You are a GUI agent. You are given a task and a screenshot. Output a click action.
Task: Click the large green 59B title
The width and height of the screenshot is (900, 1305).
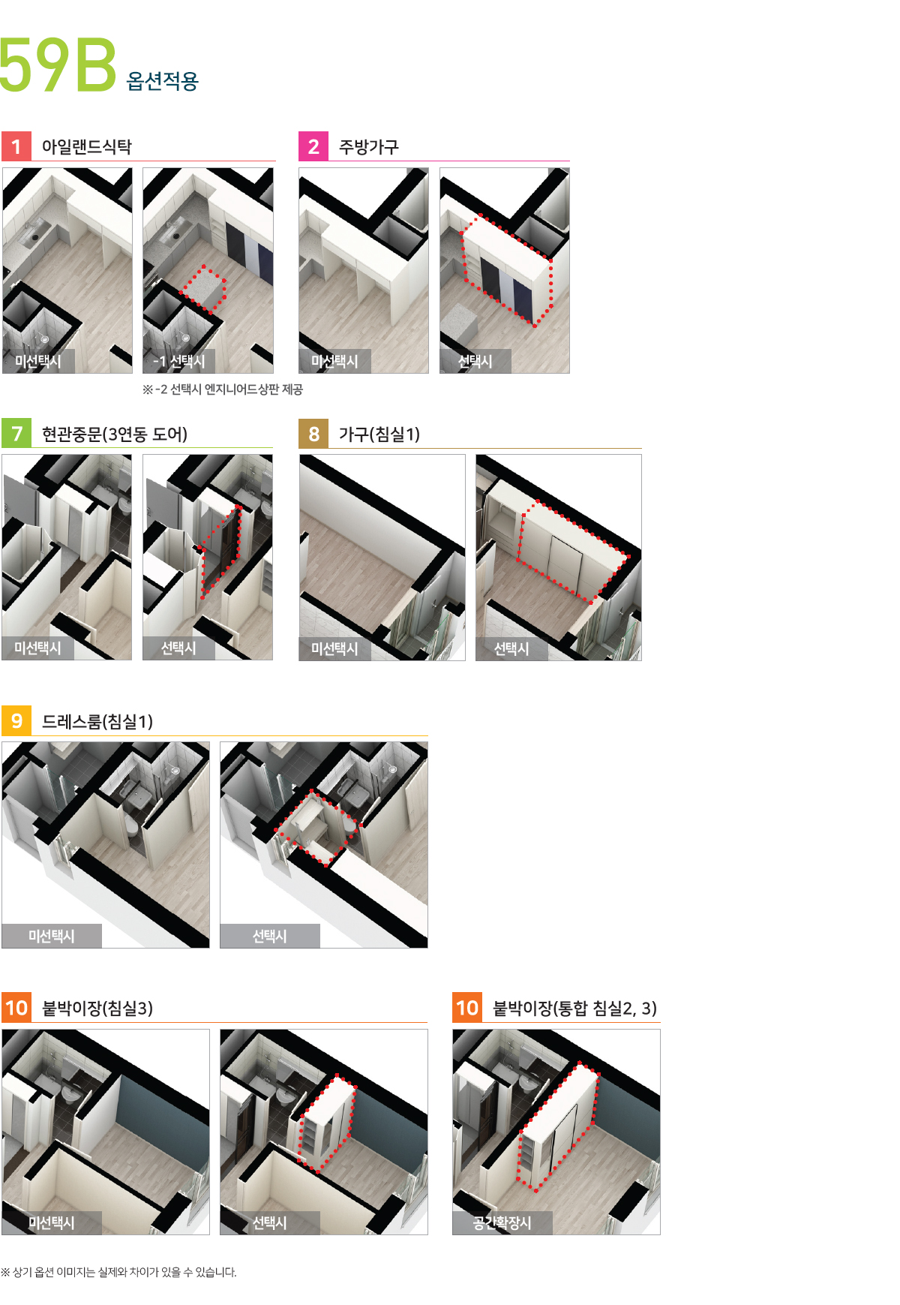click(58, 65)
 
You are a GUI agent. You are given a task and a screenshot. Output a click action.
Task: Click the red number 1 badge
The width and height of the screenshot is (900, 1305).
click(16, 146)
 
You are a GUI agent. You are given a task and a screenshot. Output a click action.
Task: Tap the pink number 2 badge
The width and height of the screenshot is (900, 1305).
click(313, 146)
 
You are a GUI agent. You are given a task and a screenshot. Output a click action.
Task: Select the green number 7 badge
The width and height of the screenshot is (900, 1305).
click(16, 434)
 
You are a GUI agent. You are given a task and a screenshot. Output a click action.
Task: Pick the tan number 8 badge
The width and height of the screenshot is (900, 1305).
click(313, 434)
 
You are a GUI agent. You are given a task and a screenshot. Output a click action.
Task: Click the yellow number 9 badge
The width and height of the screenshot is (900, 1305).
click(16, 721)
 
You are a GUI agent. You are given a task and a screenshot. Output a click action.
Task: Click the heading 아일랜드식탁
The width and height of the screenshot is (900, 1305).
click(87, 147)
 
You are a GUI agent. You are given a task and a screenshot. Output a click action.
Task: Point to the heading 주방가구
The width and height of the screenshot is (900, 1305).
click(369, 147)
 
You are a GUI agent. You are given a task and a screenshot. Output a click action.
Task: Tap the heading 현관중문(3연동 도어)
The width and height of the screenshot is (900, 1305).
click(115, 434)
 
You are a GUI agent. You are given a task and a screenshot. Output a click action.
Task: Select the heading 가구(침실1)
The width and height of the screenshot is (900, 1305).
click(379, 434)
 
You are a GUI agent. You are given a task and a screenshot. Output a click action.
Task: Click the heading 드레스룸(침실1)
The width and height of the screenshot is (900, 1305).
click(97, 722)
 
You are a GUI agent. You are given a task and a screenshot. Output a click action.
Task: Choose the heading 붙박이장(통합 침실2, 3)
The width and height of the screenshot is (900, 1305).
click(574, 1009)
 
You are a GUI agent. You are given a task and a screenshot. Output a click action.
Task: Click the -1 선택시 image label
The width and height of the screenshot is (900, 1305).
click(179, 362)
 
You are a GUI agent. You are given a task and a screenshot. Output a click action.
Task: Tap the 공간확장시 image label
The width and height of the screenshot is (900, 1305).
click(502, 1223)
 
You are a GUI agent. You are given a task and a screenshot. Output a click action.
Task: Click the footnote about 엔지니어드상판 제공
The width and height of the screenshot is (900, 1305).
click(223, 389)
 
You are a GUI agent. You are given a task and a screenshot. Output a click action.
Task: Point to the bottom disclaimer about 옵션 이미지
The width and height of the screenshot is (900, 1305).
click(118, 1272)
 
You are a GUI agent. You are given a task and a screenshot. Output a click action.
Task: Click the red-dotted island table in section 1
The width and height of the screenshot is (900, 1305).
click(205, 290)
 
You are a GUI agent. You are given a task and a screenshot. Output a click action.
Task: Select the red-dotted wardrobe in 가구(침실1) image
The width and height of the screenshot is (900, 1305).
click(572, 551)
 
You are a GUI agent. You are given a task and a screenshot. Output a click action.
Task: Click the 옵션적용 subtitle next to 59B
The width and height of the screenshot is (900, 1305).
click(163, 81)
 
